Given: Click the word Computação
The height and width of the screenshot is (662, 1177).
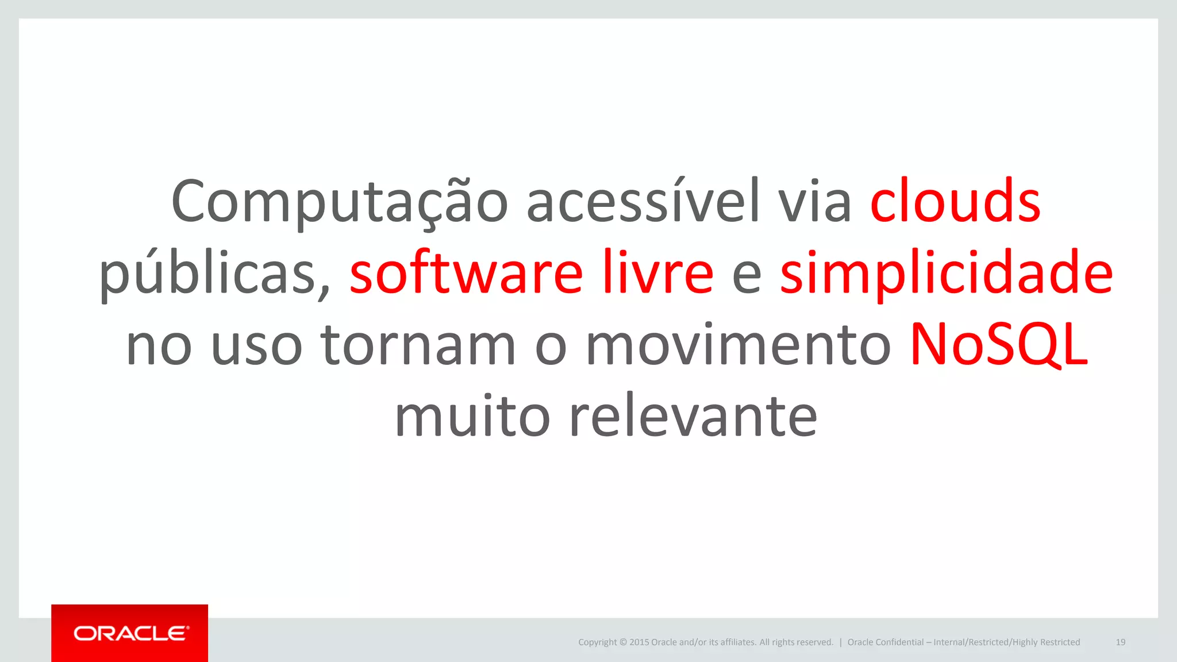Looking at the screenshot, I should [x=339, y=202].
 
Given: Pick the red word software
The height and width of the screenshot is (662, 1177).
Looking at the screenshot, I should [x=466, y=274].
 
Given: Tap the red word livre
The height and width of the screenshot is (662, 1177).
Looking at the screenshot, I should [x=657, y=274].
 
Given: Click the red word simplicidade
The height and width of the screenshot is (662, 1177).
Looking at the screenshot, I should [x=946, y=274].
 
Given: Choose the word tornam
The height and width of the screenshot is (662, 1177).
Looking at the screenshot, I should [x=418, y=345].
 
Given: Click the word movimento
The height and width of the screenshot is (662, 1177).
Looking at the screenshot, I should [x=738, y=345].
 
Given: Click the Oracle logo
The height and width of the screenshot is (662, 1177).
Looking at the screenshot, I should [x=130, y=633].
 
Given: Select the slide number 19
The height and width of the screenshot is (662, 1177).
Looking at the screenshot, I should [x=1120, y=642].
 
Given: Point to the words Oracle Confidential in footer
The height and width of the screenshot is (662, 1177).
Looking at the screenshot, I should [x=885, y=642].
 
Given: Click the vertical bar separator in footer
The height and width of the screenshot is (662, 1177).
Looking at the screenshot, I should [x=840, y=642].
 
